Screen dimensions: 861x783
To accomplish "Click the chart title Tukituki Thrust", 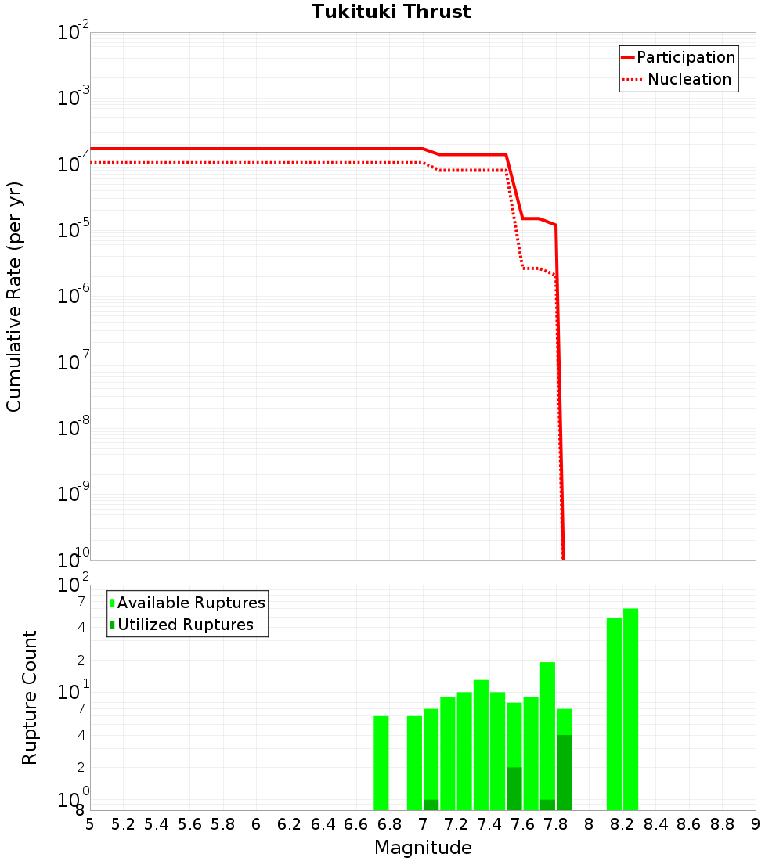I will (391, 13).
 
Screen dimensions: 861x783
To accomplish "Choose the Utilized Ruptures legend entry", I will (185, 625).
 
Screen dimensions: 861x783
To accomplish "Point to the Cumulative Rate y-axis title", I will (14, 296).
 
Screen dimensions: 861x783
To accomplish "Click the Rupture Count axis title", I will (30, 697).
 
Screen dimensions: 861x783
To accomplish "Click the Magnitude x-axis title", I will (423, 848).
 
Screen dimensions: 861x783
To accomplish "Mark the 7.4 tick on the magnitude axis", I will (489, 824).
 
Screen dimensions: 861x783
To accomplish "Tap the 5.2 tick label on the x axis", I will (123, 824).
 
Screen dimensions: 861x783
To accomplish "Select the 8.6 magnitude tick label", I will (689, 824).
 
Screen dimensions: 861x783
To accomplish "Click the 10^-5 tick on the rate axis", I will (74, 229).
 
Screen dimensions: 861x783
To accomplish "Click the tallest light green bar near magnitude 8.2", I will (630, 709).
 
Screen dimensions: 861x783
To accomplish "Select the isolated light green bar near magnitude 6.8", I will (381, 763).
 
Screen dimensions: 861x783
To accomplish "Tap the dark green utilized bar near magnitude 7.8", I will (564, 773).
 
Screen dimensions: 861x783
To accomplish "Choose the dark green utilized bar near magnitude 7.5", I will (514, 788).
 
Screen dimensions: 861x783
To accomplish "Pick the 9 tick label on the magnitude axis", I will (756, 824).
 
